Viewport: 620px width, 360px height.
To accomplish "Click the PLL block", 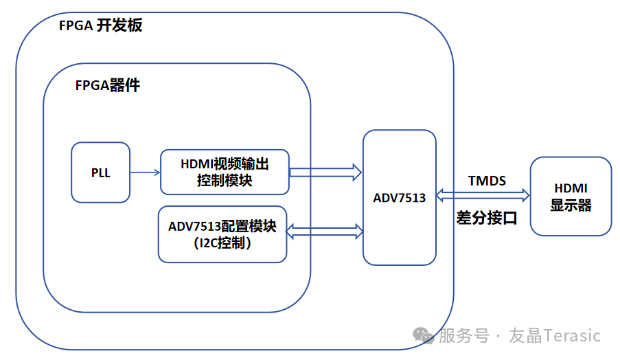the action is [x=100, y=172].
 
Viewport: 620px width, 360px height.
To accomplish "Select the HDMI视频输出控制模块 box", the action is [x=225, y=172].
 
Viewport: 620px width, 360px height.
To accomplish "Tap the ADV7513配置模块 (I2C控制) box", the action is [x=222, y=234].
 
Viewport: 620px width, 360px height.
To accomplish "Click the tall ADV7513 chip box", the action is [x=400, y=197].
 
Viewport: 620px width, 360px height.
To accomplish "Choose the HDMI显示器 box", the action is [x=571, y=196].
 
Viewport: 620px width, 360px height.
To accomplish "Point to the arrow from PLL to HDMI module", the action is [x=145, y=172].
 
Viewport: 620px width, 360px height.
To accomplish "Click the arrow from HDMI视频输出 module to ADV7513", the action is [x=325, y=172].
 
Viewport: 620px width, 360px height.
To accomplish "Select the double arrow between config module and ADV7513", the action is [x=324, y=232].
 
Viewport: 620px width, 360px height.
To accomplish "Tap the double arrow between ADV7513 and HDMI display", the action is [x=483, y=195].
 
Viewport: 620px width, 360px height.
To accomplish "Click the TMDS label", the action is [x=487, y=181].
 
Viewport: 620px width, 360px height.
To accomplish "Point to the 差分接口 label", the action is [x=487, y=218].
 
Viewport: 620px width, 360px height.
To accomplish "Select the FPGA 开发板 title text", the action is [x=100, y=25].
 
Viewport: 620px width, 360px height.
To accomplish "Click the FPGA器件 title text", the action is [x=108, y=85].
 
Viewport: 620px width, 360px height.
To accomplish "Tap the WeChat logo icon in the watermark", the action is [x=423, y=335].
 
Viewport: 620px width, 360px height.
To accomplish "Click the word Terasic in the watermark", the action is [x=572, y=335].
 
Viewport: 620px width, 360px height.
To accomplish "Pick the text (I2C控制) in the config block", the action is [x=222, y=243].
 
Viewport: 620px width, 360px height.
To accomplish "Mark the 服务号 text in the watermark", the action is [x=464, y=335].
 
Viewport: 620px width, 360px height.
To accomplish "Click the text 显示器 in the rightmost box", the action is [x=571, y=205].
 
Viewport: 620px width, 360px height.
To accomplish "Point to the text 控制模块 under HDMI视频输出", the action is [x=225, y=181].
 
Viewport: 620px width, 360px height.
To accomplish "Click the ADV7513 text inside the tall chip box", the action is [x=400, y=197].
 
